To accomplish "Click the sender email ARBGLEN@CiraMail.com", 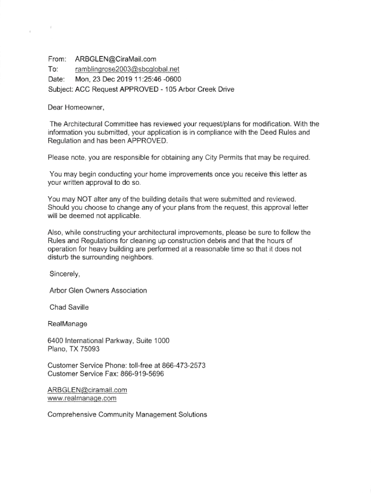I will click(x=116, y=59).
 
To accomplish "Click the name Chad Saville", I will click(x=69, y=307).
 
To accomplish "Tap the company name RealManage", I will click(x=67, y=324).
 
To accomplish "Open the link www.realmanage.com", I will click(x=82, y=398).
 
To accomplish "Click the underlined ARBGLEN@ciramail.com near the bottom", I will click(x=87, y=390).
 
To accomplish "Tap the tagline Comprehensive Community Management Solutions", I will click(x=127, y=414).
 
